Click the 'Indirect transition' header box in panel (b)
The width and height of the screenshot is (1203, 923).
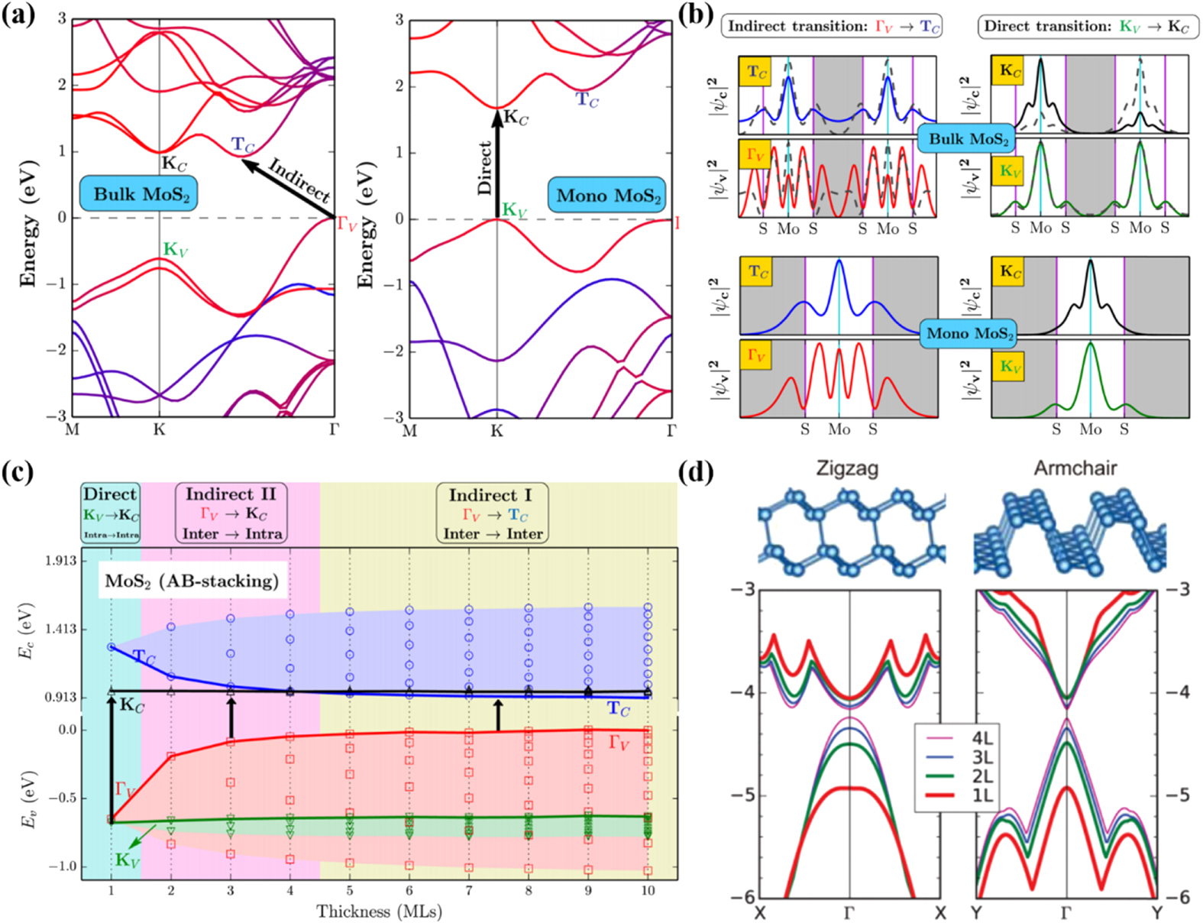pyautogui.click(x=831, y=27)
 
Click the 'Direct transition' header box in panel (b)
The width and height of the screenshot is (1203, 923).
pyautogui.click(x=1088, y=27)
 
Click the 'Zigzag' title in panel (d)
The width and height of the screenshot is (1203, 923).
pyautogui.click(x=846, y=468)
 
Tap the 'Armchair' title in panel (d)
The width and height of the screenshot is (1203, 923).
pyautogui.click(x=1075, y=468)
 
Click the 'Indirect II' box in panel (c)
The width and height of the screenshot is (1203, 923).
pyautogui.click(x=231, y=513)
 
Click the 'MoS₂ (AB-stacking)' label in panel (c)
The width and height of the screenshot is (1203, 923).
pyautogui.click(x=192, y=581)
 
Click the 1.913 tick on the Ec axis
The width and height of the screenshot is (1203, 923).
pyautogui.click(x=60, y=561)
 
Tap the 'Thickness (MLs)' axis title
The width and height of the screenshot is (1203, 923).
pyautogui.click(x=379, y=911)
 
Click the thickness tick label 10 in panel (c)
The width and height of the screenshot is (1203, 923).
pyautogui.click(x=648, y=890)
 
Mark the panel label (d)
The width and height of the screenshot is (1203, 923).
pyautogui.click(x=696, y=472)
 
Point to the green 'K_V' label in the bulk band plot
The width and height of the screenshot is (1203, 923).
pyautogui.click(x=175, y=249)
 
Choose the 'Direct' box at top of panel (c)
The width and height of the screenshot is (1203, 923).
pyautogui.click(x=111, y=513)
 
